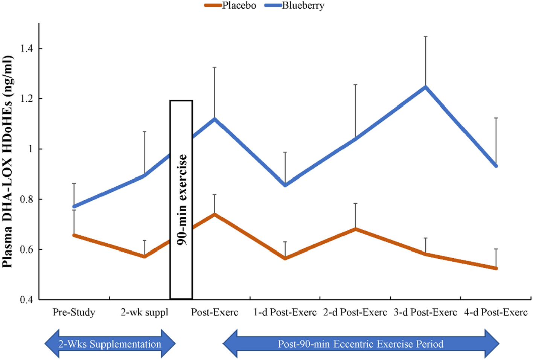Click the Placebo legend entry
point(230,6)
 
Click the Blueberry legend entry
point(294,6)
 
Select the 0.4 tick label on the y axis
point(27,300)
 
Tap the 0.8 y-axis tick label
point(27,199)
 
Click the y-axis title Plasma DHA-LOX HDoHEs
point(8,162)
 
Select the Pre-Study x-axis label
point(74,312)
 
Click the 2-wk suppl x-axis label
point(144,312)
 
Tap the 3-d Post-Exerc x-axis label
point(425,312)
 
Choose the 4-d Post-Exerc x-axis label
point(496,312)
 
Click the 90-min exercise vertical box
point(181,200)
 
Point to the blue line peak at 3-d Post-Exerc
point(425,87)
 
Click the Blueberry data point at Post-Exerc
point(215,119)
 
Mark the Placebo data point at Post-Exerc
point(215,214)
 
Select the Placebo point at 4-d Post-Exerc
point(496,268)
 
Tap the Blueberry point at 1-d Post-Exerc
point(285,185)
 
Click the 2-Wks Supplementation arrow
point(110,344)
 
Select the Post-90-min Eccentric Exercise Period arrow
point(361,344)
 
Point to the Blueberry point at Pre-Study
point(74,207)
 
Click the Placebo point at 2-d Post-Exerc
point(355,229)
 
